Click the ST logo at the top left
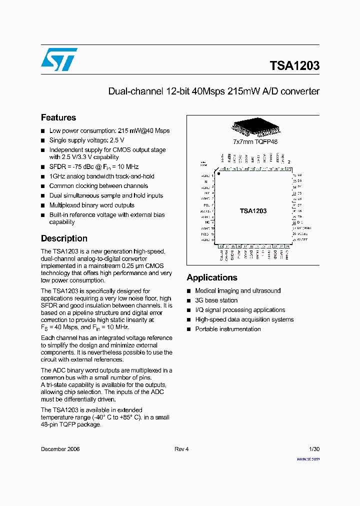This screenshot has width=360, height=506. (59, 59)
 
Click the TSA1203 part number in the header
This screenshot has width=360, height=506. (294, 66)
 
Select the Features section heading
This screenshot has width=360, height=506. (58, 117)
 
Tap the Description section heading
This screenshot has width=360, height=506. (64, 238)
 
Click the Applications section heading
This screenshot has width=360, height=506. (212, 277)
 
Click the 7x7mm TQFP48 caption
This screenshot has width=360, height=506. (255, 141)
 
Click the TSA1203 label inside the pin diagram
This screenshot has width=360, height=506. (253, 211)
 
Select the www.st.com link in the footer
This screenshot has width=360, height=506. (308, 458)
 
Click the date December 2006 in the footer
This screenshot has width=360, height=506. (60, 449)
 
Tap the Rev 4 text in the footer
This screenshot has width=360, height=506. (181, 449)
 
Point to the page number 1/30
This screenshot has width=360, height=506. (314, 449)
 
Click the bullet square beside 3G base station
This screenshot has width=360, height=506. (189, 300)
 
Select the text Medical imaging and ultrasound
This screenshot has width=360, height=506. (238, 290)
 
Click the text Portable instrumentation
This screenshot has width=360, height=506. (228, 329)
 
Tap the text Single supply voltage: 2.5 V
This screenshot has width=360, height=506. (86, 140)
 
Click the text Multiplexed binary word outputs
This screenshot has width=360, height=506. (91, 205)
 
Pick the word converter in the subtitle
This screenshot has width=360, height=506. (300, 91)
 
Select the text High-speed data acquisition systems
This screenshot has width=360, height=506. (244, 319)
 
